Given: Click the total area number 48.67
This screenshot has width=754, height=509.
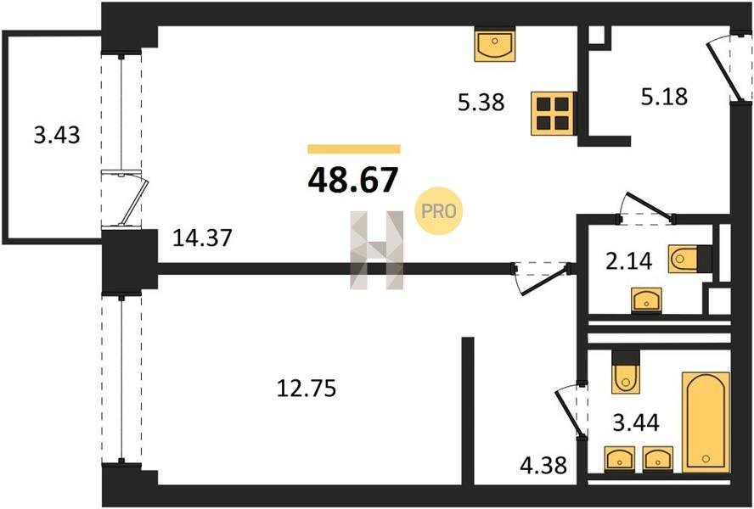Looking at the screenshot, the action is [x=353, y=180].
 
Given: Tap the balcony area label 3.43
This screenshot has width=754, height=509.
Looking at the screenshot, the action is [x=57, y=135].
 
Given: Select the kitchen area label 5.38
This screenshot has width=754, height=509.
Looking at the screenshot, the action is [x=481, y=103].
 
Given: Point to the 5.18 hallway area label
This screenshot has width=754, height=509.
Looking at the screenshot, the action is [x=664, y=97].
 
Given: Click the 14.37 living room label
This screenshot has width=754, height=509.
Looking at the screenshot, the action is [x=202, y=238].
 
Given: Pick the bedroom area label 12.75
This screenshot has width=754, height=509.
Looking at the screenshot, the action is [x=307, y=389].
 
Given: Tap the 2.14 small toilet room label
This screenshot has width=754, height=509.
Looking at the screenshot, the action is [x=629, y=262].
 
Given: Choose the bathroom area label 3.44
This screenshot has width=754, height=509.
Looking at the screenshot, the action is [x=636, y=423].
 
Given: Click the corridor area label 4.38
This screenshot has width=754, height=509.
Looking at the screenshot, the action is [x=544, y=465].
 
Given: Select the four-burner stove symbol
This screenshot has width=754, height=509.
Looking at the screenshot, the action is [x=553, y=114].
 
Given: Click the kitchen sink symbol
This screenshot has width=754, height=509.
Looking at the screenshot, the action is [x=494, y=46].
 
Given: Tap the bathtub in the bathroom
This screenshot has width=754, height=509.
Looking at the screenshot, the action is [x=706, y=422].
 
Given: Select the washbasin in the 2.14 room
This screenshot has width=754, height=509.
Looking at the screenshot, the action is [x=647, y=299].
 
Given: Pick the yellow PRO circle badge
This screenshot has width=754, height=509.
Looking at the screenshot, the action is [x=438, y=211].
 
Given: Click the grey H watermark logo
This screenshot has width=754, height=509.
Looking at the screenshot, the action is [x=376, y=250].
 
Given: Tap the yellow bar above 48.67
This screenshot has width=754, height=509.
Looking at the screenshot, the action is [x=354, y=149].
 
